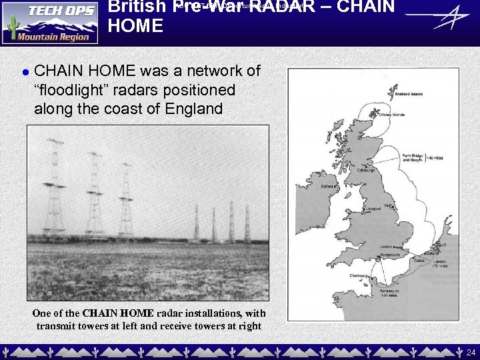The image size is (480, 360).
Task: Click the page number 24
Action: click(471, 351)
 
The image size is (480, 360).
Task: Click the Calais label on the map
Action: click(419, 261)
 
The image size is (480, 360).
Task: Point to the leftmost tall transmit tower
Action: click(54, 187)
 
